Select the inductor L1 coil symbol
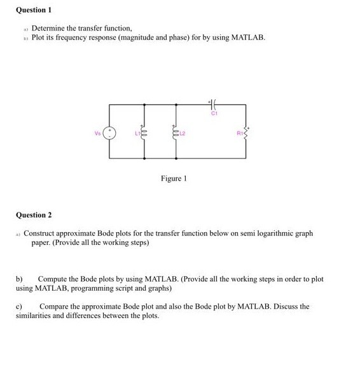pyautogui.click(x=145, y=134)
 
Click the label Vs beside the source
pyautogui.click(x=98, y=133)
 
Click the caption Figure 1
pyautogui.click(x=173, y=179)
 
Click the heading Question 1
pyautogui.click(x=33, y=10)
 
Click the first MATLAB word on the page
pyautogui.click(x=247, y=38)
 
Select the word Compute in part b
pyautogui.click(x=55, y=279)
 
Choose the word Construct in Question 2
pyautogui.click(x=42, y=233)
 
